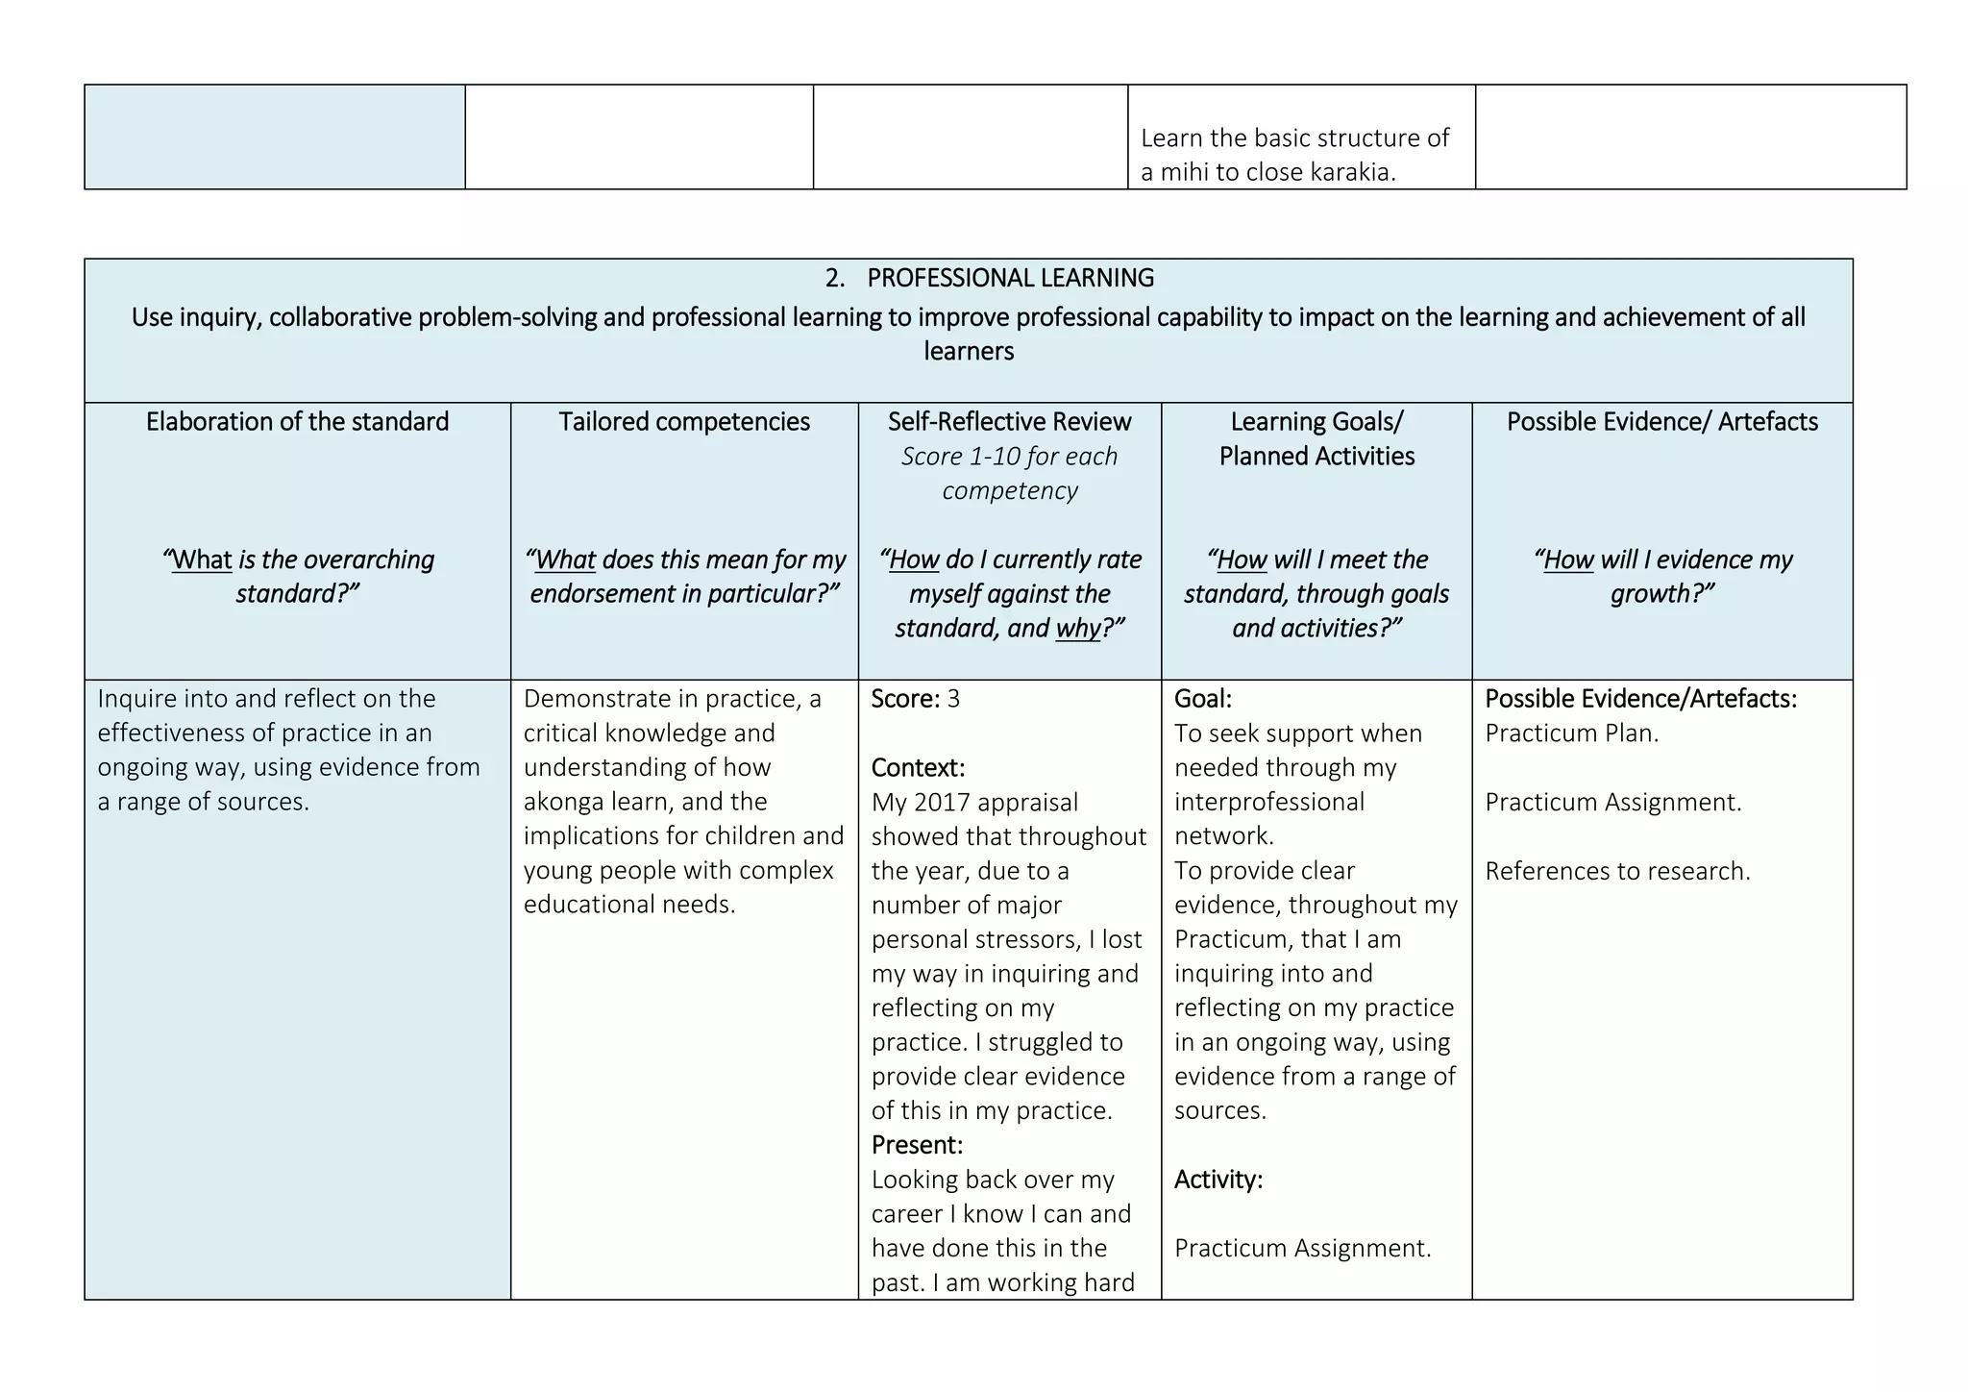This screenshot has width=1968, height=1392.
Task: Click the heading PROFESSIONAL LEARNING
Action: coord(1010,278)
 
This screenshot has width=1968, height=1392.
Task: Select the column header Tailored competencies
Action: coord(684,421)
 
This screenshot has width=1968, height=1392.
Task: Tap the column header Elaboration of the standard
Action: coord(297,421)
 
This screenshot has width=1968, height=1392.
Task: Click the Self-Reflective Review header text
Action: coord(1009,421)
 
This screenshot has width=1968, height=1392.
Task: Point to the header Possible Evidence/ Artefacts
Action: coord(1661,421)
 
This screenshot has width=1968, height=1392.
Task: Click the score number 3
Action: coord(953,699)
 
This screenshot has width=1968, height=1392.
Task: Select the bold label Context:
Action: coord(918,768)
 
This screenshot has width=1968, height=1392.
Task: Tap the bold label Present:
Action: coord(917,1145)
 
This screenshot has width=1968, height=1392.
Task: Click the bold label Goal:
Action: coord(1202,699)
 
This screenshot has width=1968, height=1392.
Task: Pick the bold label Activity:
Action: coord(1218,1180)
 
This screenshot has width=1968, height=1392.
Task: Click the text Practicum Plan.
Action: coord(1571,733)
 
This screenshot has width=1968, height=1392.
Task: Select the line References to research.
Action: coord(1617,871)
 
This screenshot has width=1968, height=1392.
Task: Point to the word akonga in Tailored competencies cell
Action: coord(564,802)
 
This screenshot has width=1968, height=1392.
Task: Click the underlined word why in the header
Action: coord(1078,629)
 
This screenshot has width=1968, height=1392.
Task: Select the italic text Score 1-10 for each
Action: coord(1009,457)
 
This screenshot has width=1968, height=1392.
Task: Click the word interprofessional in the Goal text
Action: coord(1268,802)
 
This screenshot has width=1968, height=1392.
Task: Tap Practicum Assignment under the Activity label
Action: coord(1302,1248)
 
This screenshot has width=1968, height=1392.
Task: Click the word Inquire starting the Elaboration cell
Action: coord(136,699)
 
